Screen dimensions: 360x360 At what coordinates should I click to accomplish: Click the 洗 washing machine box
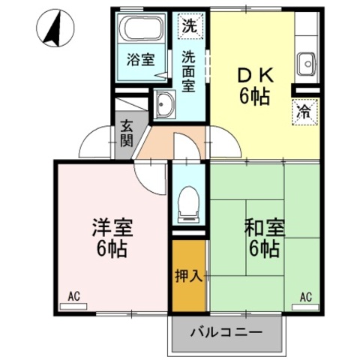pos(190,24)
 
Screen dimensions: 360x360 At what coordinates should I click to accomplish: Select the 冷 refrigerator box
pos(304,112)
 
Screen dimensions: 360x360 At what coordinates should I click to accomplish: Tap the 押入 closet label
pos(189,274)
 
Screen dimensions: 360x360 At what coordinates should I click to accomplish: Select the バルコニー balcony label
pos(226,331)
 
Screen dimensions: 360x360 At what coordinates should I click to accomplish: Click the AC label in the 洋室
pos(73,297)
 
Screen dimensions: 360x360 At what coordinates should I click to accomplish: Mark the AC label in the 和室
pos(306,297)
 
